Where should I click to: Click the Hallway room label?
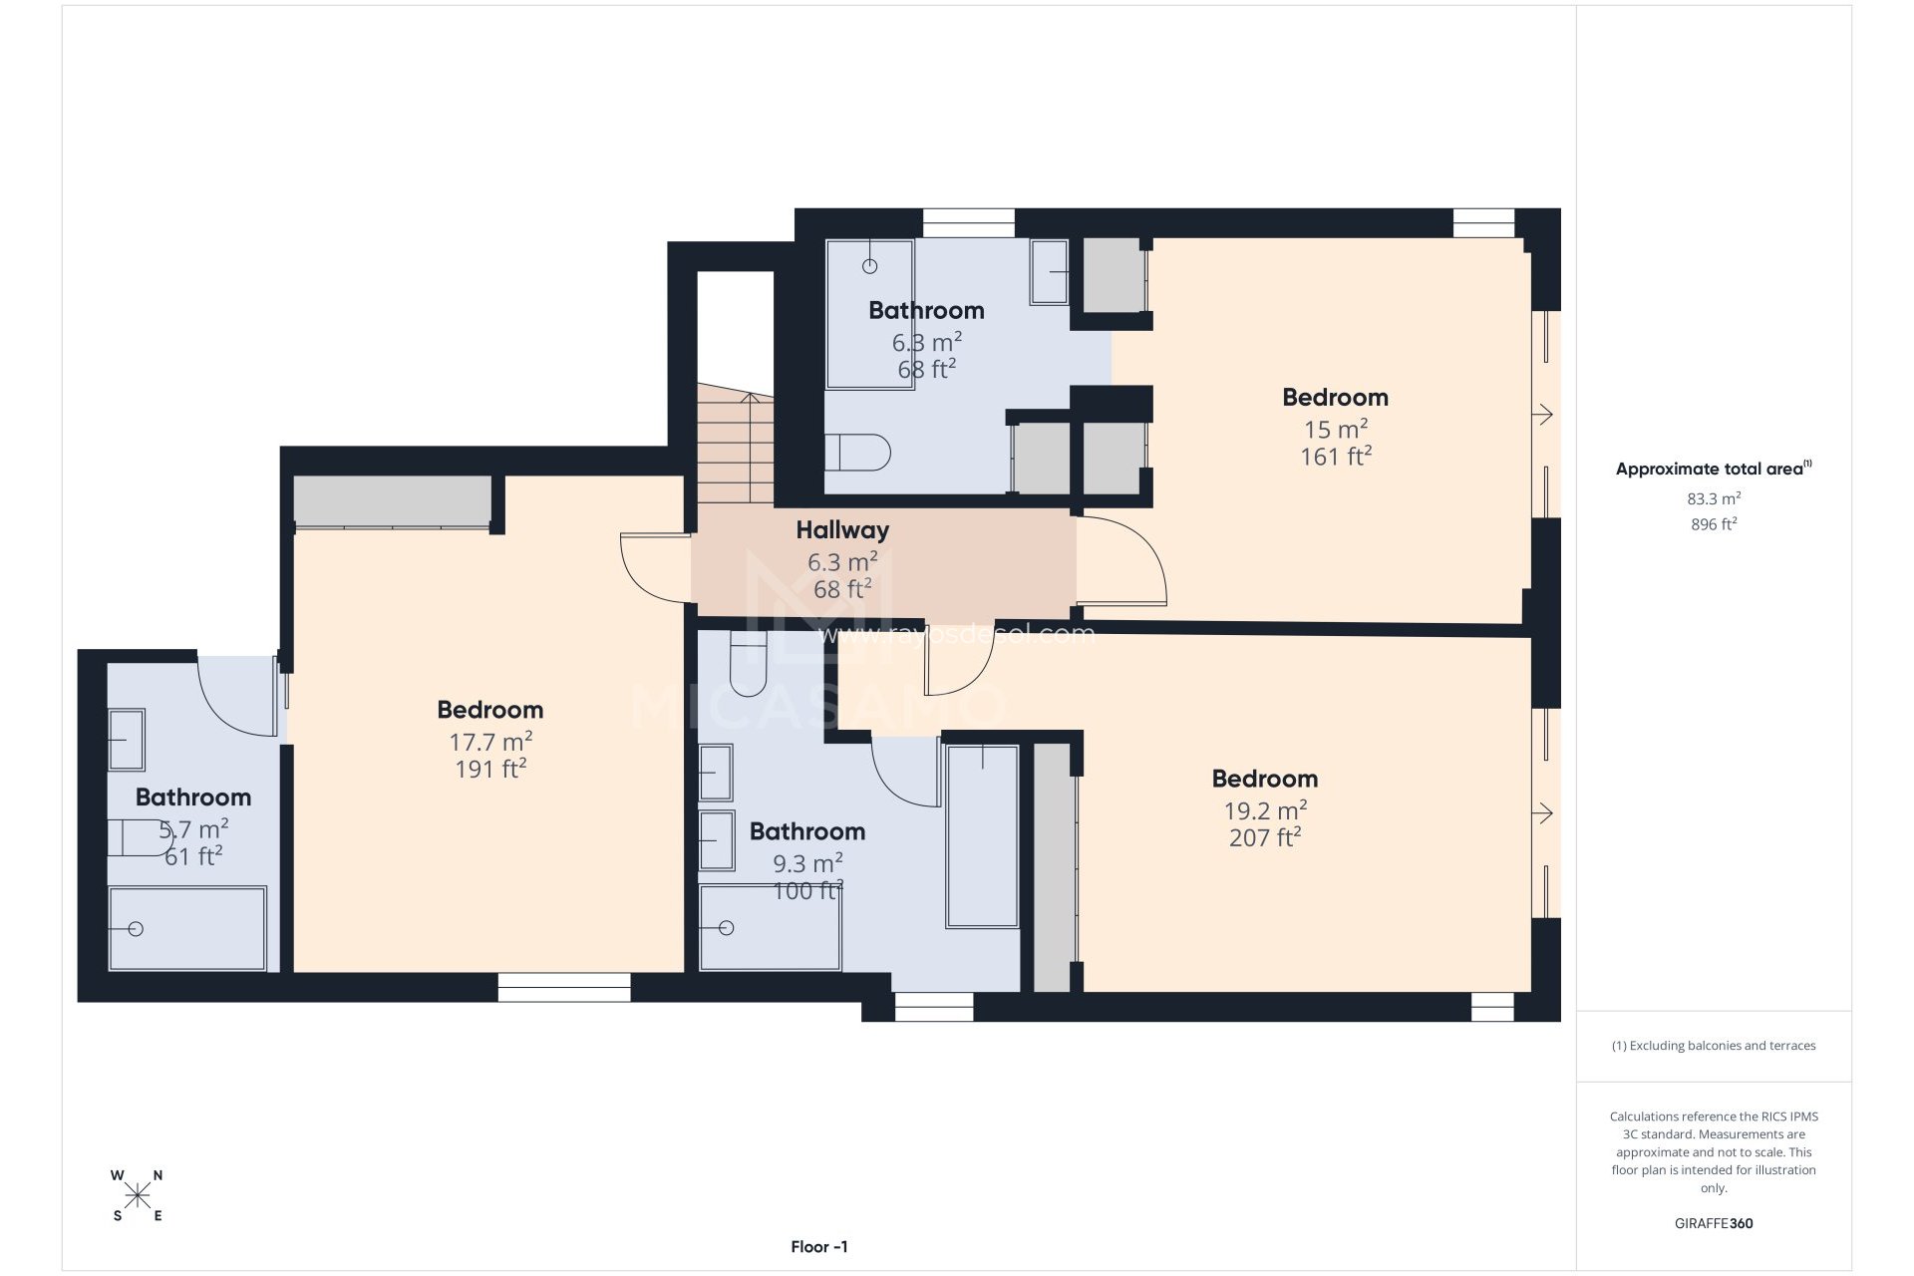842,530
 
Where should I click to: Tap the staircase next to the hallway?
735,445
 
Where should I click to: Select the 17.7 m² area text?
490,742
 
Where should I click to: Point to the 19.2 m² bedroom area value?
1265,810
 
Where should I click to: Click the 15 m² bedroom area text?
1336,430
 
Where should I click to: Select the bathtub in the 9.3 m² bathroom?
983,836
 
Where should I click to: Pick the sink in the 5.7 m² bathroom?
126,740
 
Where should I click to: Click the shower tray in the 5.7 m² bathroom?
187,928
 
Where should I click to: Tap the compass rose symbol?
138,1194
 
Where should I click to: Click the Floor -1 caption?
819,1247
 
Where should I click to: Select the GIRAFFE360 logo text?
1714,1223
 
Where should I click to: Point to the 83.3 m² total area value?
1714,498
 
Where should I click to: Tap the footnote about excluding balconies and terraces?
1714,1046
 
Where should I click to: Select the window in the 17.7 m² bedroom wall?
564,987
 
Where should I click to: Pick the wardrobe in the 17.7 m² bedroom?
392,500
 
